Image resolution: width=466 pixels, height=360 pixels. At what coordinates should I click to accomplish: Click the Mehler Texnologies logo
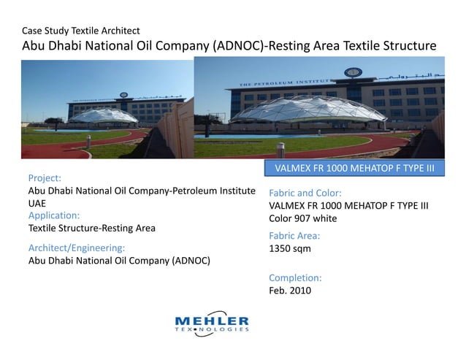212,323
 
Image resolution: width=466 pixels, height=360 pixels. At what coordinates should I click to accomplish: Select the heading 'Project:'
44,177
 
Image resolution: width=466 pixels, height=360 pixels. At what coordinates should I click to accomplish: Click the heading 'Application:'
53,215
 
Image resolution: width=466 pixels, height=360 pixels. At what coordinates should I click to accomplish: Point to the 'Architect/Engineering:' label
77,248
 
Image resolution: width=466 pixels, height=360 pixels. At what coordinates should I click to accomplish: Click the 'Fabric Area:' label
294,236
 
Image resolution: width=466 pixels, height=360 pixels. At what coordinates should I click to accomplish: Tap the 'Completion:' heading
295,277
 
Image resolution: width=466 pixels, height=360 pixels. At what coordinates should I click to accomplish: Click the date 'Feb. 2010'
290,290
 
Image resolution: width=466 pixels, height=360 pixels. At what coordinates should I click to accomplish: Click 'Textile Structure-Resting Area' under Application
91,228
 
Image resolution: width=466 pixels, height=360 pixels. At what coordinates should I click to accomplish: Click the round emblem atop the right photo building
354,73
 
